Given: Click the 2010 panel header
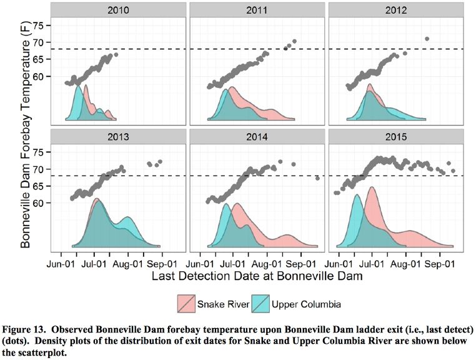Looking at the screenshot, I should pos(118,11).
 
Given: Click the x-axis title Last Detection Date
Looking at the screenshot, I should pos(256,274).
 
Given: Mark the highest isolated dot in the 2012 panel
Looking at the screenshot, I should pos(427,39).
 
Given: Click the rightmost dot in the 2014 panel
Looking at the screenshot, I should pos(318,178).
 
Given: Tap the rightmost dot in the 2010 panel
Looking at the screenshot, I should pos(116,55).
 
